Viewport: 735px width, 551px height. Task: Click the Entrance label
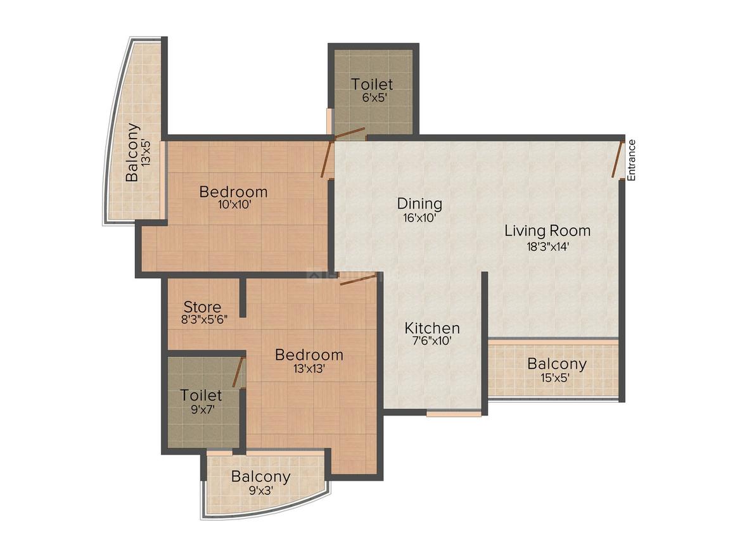click(x=632, y=160)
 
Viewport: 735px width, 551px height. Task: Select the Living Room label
click(x=547, y=231)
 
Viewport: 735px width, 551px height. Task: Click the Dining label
click(x=419, y=204)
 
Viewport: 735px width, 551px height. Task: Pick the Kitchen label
click(x=432, y=328)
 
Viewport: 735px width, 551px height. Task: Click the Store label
click(x=203, y=308)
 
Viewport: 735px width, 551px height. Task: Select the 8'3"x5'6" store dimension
click(x=204, y=320)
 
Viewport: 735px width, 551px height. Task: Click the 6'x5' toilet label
click(x=372, y=98)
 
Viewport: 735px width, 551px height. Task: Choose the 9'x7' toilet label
click(x=201, y=409)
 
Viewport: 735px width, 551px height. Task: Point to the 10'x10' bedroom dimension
click(x=233, y=205)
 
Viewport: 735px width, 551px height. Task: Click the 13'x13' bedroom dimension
click(x=309, y=369)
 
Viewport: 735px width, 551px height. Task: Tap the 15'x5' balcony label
click(x=556, y=379)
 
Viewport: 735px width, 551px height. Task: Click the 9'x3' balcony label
click(x=260, y=490)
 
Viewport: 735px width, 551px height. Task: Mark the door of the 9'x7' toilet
click(x=238, y=372)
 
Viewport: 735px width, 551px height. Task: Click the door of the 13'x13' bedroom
click(x=358, y=280)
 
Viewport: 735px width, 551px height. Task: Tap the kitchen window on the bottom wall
click(x=454, y=414)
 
